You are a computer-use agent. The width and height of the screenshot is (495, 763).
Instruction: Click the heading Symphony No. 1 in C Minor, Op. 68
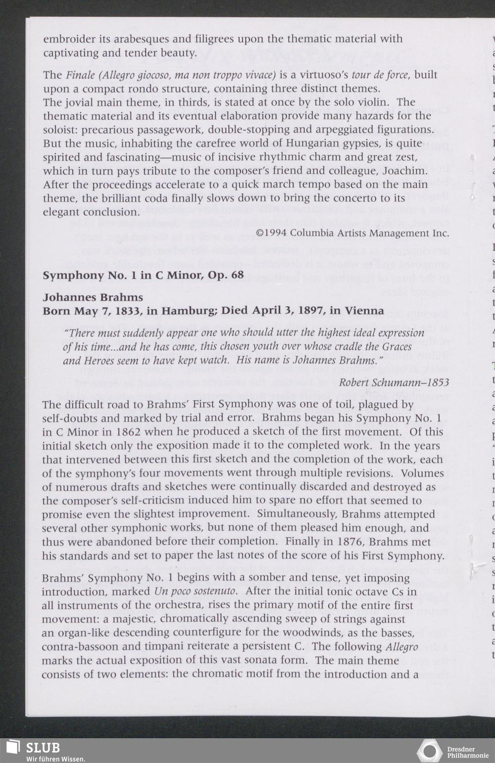click(x=143, y=275)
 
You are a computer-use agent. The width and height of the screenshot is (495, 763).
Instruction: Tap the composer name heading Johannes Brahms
click(x=93, y=297)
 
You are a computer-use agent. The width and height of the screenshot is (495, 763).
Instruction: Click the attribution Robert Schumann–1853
click(x=394, y=382)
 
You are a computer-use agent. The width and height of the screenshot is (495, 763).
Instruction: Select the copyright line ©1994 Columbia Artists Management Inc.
click(x=352, y=233)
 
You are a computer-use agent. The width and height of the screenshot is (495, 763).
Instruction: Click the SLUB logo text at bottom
click(x=43, y=747)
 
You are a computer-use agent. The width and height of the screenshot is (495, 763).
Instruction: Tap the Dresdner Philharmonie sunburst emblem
click(x=429, y=751)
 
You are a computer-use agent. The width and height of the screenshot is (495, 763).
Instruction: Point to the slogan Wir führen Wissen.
click(x=56, y=759)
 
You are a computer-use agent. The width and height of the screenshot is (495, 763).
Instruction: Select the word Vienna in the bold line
click(x=364, y=311)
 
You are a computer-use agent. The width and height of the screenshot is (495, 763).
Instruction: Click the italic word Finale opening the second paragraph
click(x=80, y=75)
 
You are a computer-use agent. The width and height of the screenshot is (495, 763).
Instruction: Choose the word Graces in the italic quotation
click(x=394, y=346)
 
